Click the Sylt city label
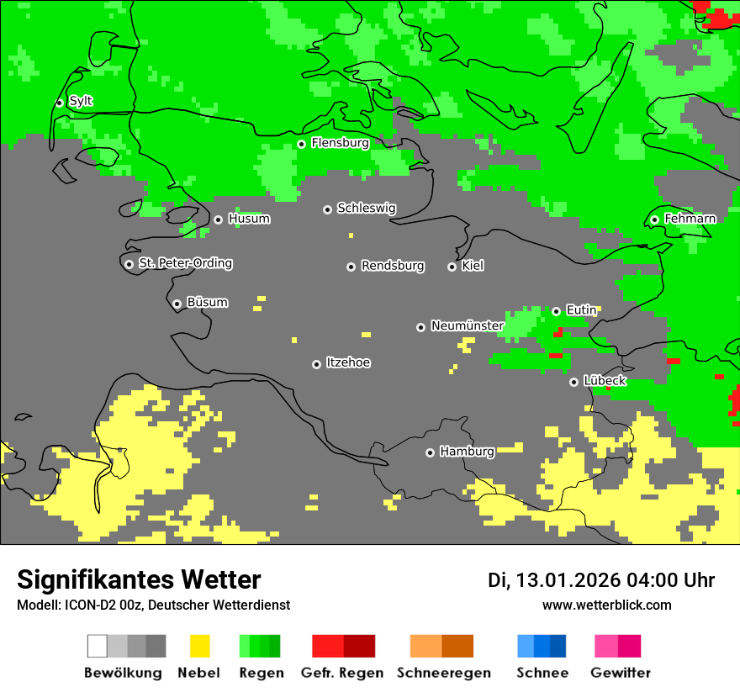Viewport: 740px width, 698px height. click(81, 102)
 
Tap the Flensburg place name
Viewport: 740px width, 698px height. click(340, 143)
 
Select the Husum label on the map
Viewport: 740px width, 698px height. click(249, 219)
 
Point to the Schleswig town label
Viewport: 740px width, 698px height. click(366, 209)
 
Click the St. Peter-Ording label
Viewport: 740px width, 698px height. click(185, 263)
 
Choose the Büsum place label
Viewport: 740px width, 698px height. click(207, 303)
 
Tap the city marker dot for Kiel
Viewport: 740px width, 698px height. click(452, 267)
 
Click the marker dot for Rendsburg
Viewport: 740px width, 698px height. click(351, 267)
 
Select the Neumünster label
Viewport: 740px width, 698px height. click(467, 326)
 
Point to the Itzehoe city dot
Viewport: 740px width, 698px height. click(316, 364)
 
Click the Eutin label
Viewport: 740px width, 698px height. click(581, 310)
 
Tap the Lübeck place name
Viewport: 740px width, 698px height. click(604, 381)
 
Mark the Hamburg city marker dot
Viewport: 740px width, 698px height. click(430, 452)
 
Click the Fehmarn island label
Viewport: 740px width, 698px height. click(690, 219)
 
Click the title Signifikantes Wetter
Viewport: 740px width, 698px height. click(139, 579)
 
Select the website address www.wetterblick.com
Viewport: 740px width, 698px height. click(606, 605)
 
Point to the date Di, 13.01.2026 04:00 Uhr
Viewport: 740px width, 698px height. click(601, 580)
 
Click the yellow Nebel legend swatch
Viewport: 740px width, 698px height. click(199, 646)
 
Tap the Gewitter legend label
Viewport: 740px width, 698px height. click(620, 673)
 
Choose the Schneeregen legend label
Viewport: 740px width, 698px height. click(443, 673)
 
